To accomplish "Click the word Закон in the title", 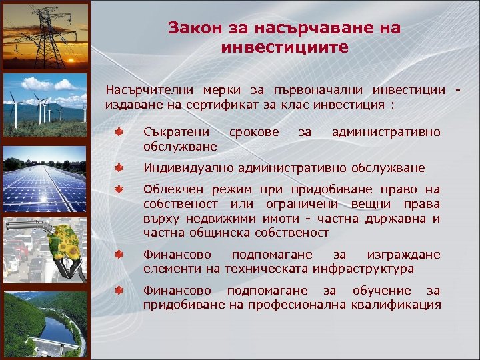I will click(189, 28).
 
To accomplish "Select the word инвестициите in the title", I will click(284, 48).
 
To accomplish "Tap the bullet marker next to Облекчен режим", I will click(117, 190).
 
